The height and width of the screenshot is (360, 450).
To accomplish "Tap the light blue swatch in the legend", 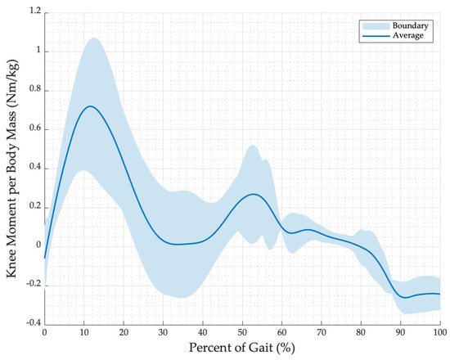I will [373, 26].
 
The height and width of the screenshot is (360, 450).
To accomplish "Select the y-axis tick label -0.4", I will [29, 322].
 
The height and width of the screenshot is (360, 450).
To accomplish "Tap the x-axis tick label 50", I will [242, 333].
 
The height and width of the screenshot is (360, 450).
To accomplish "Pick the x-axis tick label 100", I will [439, 333].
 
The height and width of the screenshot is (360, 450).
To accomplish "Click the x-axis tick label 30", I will [163, 333].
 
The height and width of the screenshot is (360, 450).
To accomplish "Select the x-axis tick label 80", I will [361, 333].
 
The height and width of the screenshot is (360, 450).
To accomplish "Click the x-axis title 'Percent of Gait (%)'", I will [241, 349].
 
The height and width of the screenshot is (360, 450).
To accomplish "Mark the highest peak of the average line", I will [91, 106].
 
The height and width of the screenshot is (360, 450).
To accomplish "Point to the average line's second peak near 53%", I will [254, 194].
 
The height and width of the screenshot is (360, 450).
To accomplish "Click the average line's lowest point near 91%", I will [405, 298].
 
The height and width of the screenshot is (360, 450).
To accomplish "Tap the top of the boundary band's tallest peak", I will [92, 38].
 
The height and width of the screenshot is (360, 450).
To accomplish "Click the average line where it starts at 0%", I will [45, 257].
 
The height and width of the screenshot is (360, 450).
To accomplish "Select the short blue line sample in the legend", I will [373, 37].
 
